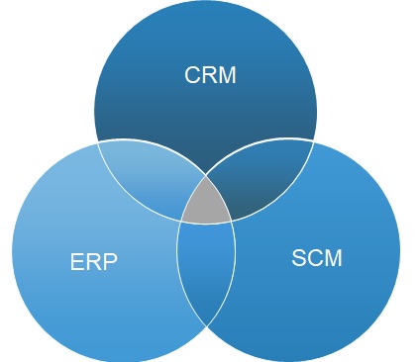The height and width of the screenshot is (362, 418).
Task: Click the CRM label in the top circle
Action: tap(211, 75)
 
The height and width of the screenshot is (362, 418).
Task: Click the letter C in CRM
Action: tap(193, 75)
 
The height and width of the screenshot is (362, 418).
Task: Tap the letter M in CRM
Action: tap(228, 75)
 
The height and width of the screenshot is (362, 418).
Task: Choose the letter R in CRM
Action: tap(210, 75)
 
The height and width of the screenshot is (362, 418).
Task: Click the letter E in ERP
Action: tap(76, 264)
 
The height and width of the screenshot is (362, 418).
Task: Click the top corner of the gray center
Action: tap(206, 178)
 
